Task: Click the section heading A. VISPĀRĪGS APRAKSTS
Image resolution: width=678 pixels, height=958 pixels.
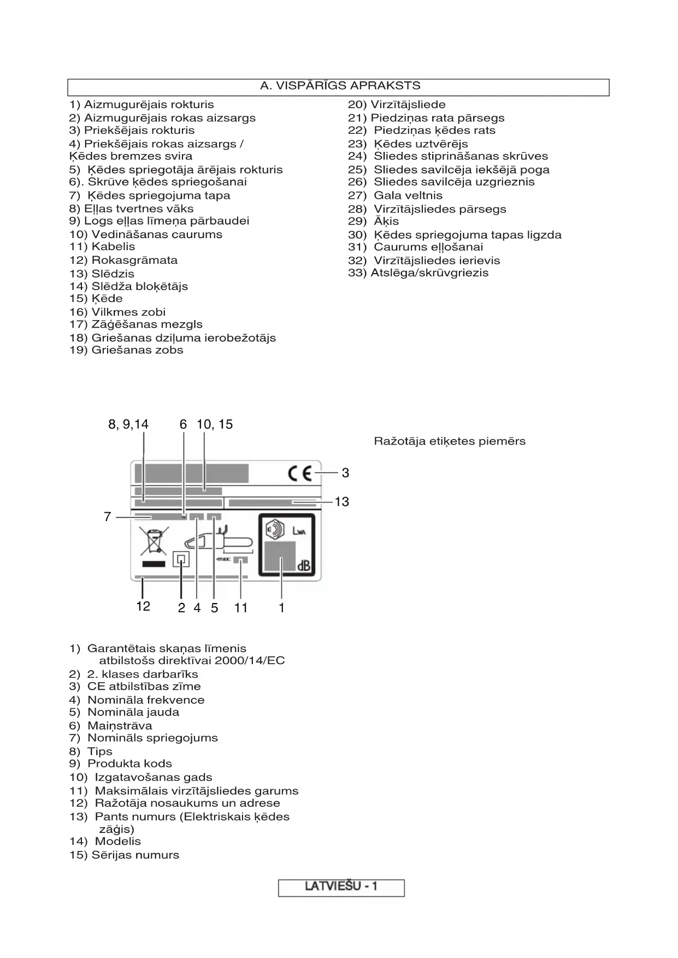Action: (340, 86)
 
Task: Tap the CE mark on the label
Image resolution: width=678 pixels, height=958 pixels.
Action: (300, 473)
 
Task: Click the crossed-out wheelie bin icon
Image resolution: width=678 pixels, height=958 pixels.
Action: (154, 541)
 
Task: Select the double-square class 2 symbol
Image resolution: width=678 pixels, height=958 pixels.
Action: (181, 560)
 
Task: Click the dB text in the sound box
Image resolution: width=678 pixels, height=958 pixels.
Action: (304, 566)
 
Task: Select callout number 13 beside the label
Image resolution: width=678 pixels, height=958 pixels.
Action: (342, 501)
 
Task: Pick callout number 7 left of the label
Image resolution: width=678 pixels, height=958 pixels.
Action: (108, 517)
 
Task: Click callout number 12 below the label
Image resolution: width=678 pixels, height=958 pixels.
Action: (143, 606)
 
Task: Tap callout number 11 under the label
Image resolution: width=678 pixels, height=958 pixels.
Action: (241, 608)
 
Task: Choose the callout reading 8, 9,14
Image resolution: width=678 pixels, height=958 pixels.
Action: (128, 424)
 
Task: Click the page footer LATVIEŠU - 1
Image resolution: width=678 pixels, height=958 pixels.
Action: (341, 886)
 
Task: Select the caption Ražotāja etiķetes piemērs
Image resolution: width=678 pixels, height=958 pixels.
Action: (450, 441)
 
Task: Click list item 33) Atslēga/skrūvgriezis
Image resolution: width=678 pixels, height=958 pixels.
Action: (418, 273)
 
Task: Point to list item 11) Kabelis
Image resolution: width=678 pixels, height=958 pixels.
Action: (102, 246)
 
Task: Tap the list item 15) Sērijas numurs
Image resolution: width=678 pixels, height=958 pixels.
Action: (124, 855)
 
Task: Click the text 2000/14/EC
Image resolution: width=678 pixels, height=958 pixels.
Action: (250, 660)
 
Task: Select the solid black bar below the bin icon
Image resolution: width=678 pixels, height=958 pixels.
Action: (153, 564)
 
